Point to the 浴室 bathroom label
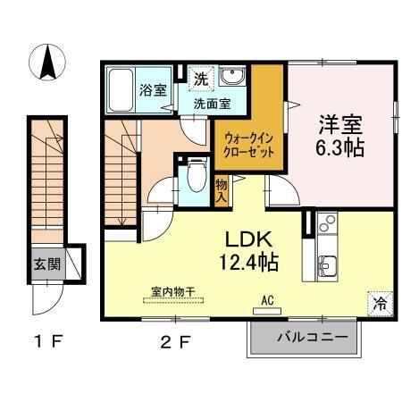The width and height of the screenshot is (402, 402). click(153, 89)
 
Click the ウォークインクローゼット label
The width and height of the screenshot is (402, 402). click(249, 146)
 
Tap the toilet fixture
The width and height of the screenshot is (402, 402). click(194, 178)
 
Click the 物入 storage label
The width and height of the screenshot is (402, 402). click(222, 191)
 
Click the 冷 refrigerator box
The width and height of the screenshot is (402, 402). click(380, 303)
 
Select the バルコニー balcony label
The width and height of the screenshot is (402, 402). click(304, 337)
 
